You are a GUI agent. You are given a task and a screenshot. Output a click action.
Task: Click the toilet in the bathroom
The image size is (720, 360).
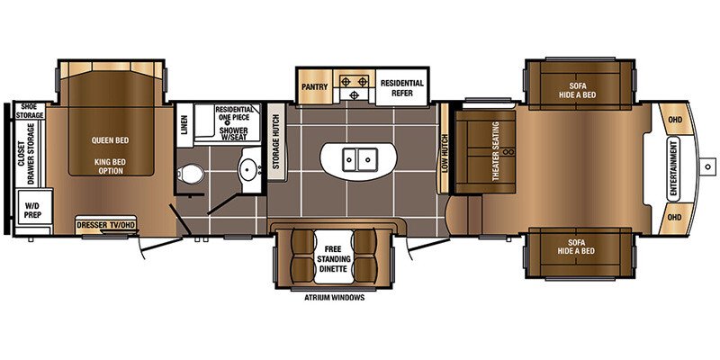tap(191, 175)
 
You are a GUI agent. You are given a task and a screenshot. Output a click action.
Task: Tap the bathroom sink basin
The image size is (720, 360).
tap(248, 170)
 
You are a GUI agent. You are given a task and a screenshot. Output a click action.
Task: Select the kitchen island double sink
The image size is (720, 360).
tap(358, 161)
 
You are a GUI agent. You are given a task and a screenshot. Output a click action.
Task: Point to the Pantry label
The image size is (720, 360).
tap(314, 86)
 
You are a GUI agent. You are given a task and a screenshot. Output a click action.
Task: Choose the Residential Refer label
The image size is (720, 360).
tap(401, 86)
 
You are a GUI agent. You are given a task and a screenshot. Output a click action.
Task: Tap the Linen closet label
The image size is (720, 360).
tap(184, 126)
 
